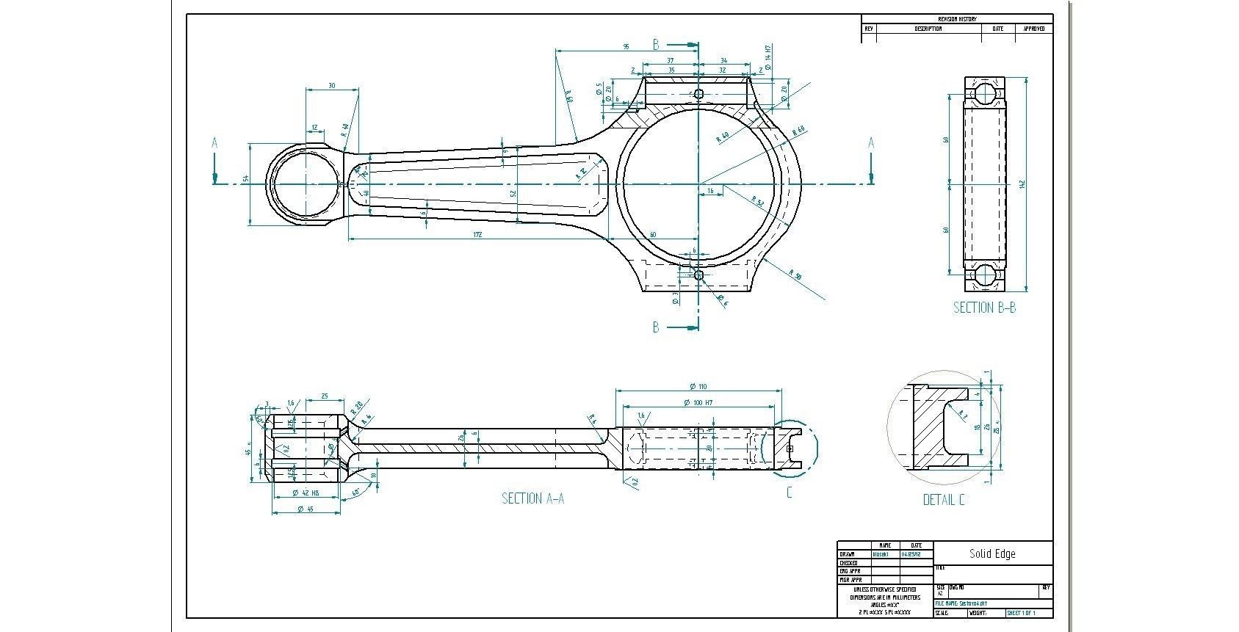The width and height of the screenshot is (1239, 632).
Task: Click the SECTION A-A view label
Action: pyautogui.click(x=532, y=499)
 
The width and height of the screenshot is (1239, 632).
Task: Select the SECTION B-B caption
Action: pyautogui.click(x=984, y=308)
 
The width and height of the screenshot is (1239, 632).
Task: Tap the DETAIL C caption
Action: pyautogui.click(x=944, y=500)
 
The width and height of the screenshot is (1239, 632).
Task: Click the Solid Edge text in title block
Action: pyautogui.click(x=992, y=553)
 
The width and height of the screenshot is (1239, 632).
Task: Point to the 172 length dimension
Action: pyautogui.click(x=477, y=235)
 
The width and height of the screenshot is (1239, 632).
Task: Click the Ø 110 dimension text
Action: pyautogui.click(x=698, y=387)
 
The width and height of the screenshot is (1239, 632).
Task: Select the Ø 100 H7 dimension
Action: pyautogui.click(x=698, y=403)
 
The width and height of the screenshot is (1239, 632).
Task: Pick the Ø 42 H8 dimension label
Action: pyautogui.click(x=306, y=493)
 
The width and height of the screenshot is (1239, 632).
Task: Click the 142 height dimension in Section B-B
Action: pyautogui.click(x=1022, y=184)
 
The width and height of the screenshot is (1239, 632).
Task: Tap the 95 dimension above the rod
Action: pyautogui.click(x=626, y=47)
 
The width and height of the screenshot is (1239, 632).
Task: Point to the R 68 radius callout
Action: pyautogui.click(x=799, y=130)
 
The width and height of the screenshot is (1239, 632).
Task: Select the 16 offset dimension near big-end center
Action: pyautogui.click(x=709, y=191)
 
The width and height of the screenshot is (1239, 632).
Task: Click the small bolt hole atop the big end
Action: pyautogui.click(x=698, y=94)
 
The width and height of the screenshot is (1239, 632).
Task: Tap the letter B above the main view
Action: pyautogui.click(x=657, y=45)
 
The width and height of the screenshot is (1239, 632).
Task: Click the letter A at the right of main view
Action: pyautogui.click(x=871, y=143)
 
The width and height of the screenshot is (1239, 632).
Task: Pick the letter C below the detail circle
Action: pyautogui.click(x=790, y=493)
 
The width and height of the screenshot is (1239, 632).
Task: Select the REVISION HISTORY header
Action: pyautogui.click(x=957, y=19)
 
